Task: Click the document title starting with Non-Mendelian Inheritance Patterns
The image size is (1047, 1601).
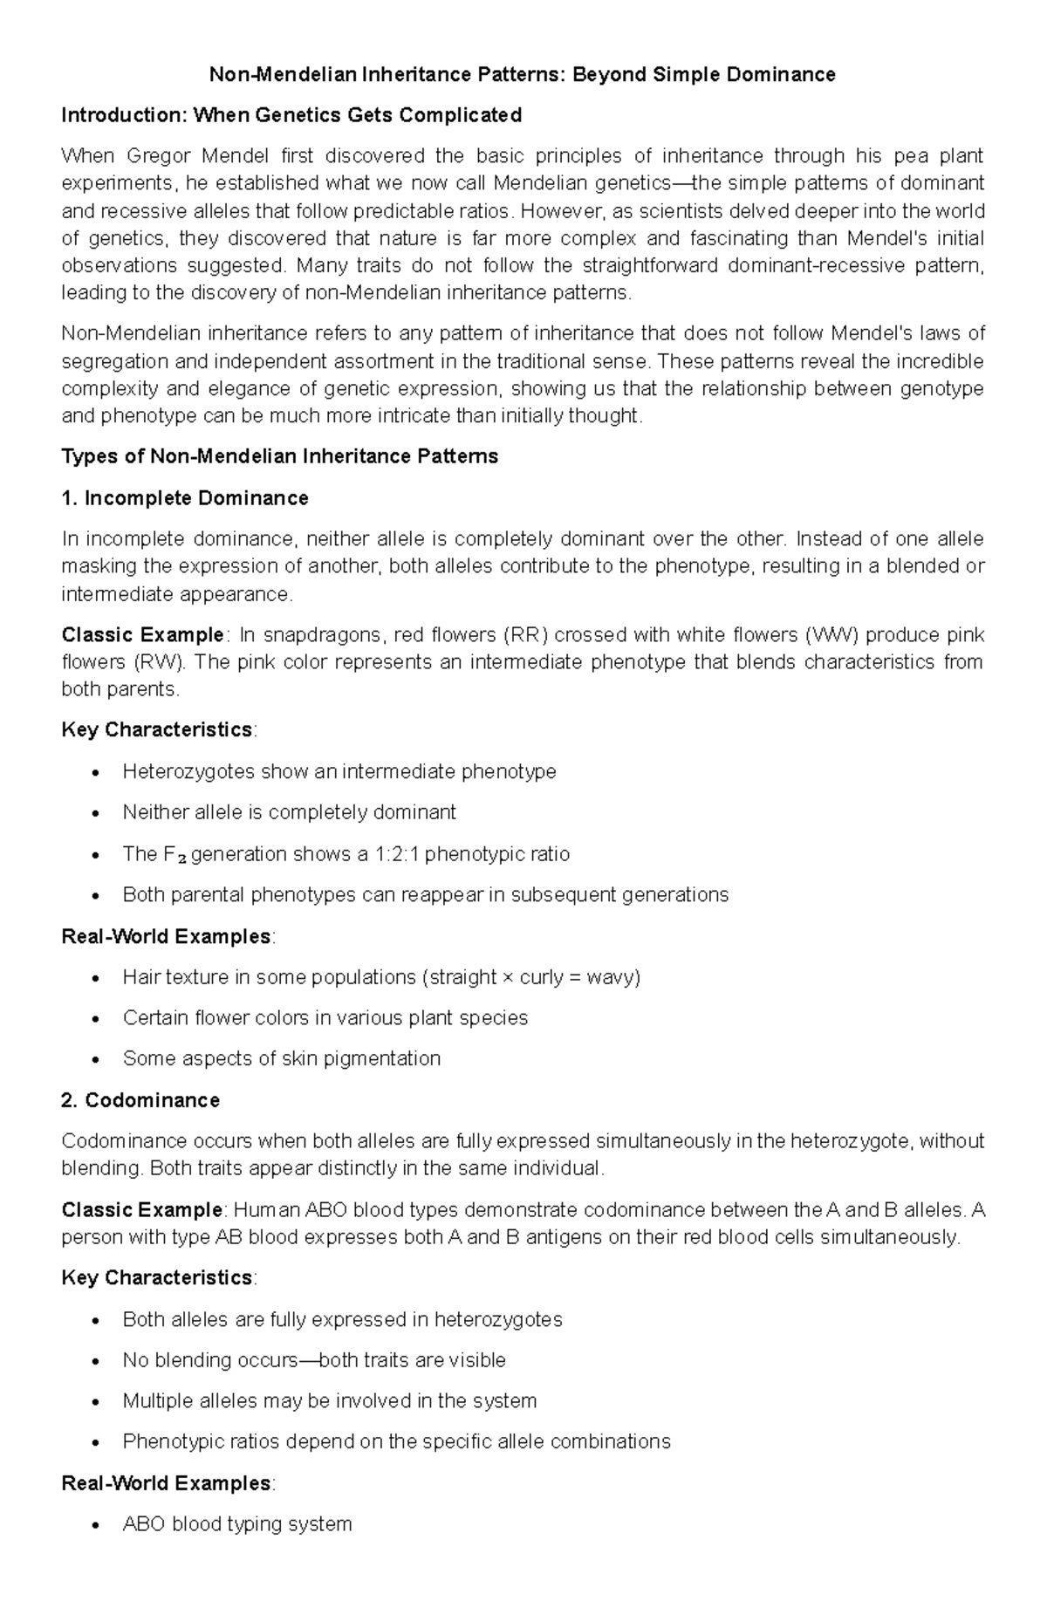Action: pyautogui.click(x=522, y=75)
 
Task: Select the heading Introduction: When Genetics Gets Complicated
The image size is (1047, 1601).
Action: pyautogui.click(x=291, y=115)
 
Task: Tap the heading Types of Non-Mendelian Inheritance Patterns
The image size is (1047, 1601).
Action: pyautogui.click(x=279, y=456)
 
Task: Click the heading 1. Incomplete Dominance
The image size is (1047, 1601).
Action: pyautogui.click(x=185, y=498)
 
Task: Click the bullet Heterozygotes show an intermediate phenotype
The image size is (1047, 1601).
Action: pyautogui.click(x=339, y=771)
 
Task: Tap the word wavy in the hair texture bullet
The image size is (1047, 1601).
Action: pyautogui.click(x=613, y=977)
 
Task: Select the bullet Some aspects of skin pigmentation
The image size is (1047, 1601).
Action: pyautogui.click(x=281, y=1059)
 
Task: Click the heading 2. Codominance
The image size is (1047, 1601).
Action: pyautogui.click(x=140, y=1100)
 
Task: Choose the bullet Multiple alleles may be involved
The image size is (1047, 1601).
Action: pyautogui.click(x=329, y=1401)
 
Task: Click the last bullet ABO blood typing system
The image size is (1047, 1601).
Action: pyautogui.click(x=236, y=1524)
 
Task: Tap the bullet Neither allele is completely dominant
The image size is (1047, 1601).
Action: pyautogui.click(x=289, y=812)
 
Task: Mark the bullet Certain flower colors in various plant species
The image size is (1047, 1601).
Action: pyautogui.click(x=325, y=1018)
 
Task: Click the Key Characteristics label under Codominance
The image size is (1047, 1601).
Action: pyautogui.click(x=157, y=1278)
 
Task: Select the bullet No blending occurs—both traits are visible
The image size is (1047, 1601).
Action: pyautogui.click(x=313, y=1360)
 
